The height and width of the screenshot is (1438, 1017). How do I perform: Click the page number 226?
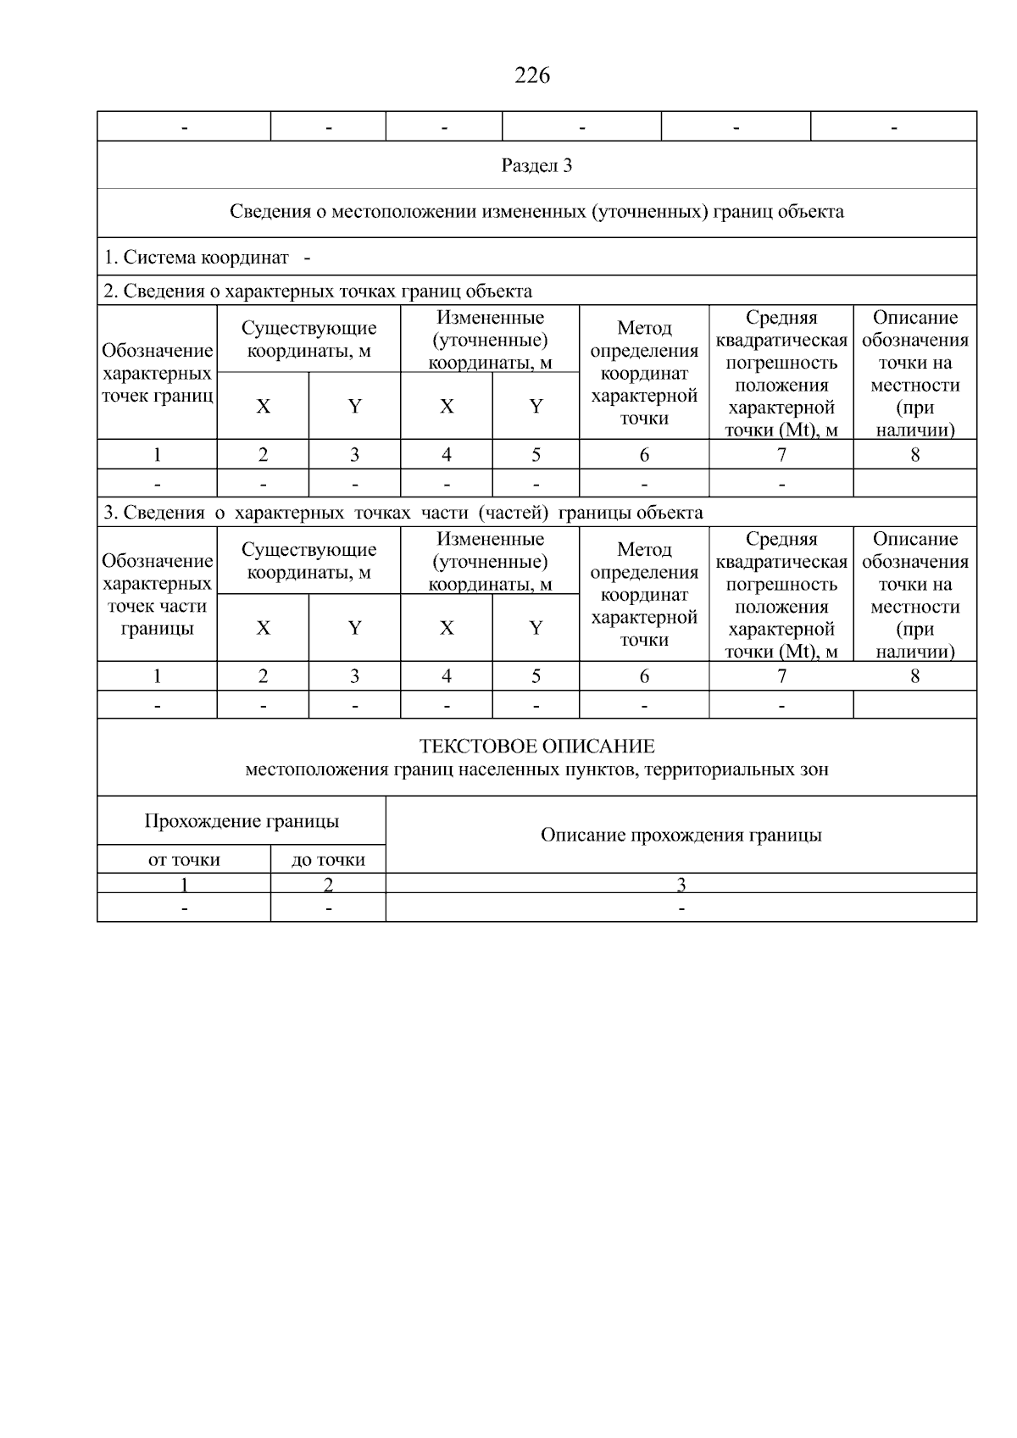532,75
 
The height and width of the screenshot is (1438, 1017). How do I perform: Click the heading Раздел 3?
536,165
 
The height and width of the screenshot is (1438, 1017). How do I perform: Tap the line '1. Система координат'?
197,257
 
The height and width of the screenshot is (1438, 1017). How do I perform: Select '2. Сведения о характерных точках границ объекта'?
318,291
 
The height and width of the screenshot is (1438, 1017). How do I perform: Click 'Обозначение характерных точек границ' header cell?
157,373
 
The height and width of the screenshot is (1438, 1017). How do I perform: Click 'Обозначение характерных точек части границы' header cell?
157,594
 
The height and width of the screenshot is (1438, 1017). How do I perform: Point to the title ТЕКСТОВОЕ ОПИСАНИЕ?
536,747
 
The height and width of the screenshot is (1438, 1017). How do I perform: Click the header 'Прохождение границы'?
242,820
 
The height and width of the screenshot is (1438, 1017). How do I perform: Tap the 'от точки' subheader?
184,860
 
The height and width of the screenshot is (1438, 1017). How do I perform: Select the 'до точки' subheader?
328,860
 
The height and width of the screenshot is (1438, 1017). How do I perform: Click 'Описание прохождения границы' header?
681,835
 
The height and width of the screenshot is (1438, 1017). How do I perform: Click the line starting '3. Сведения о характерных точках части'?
403,513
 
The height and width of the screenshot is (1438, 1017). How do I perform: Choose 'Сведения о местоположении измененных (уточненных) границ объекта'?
536,212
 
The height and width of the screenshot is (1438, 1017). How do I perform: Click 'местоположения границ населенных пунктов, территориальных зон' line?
536,769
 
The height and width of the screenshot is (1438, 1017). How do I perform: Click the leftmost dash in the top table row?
184,128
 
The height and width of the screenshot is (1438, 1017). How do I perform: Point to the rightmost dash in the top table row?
893,128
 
